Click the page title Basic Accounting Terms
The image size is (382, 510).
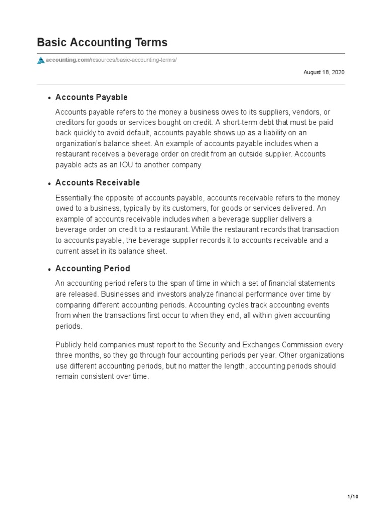click(x=102, y=42)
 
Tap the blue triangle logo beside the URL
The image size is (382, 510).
click(x=41, y=60)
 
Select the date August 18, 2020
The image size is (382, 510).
click(x=324, y=72)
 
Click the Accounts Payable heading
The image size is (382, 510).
click(x=92, y=97)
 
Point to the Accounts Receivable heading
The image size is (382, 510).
click(x=97, y=183)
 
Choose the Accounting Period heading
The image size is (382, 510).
click(x=93, y=269)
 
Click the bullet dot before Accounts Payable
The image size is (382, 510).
click(x=50, y=98)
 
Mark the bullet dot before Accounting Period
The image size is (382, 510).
click(x=50, y=270)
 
